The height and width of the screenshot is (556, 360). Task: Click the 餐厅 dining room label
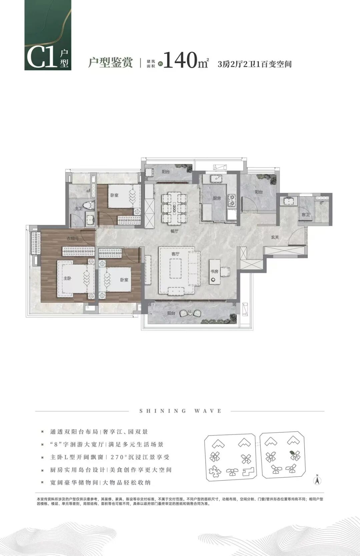click(174, 231)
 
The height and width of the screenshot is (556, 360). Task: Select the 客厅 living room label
click(175, 254)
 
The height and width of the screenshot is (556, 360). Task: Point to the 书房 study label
click(214, 272)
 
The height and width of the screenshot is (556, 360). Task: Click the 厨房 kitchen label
click(217, 198)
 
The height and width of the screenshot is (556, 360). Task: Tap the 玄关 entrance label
click(275, 237)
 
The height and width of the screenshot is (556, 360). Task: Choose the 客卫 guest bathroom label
click(305, 215)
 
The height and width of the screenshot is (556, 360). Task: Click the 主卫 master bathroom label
click(78, 209)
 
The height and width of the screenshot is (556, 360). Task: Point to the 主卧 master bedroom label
click(67, 278)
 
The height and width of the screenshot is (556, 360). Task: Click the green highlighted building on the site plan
click(292, 453)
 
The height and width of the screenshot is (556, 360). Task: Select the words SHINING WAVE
click(180, 411)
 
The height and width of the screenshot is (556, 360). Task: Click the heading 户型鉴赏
click(110, 62)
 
